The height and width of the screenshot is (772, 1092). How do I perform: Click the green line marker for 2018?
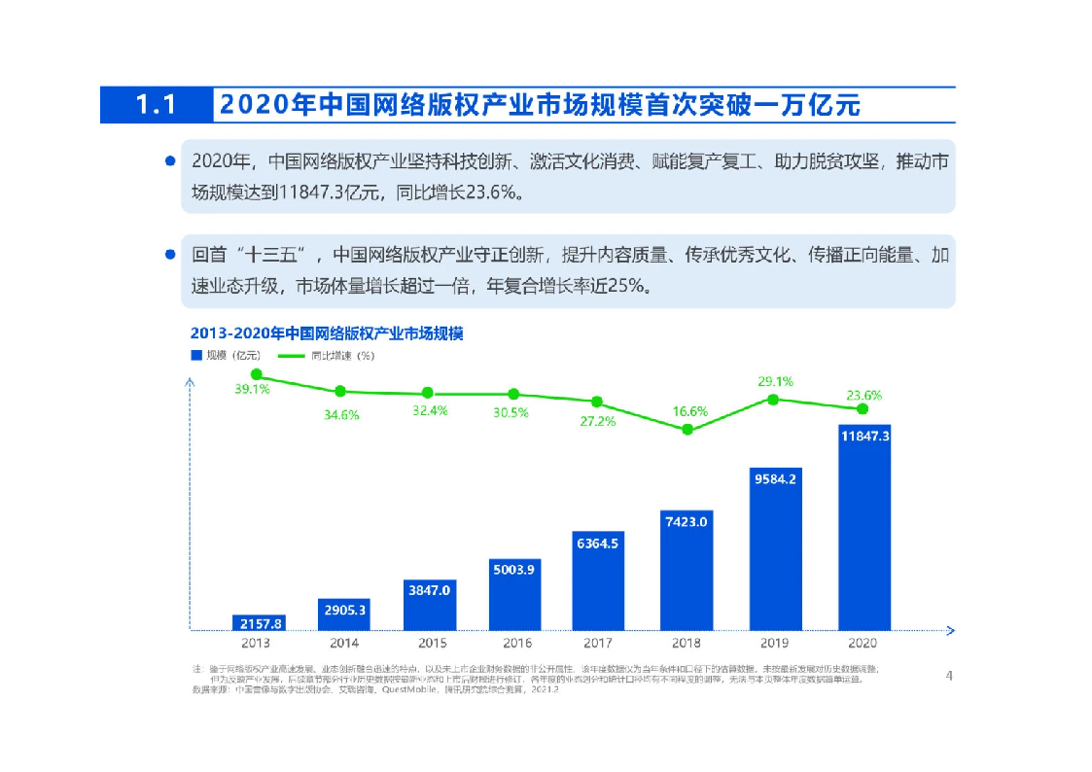click(x=687, y=429)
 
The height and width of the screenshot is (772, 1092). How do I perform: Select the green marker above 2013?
click(x=257, y=373)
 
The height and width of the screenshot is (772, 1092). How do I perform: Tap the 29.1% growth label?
click(x=775, y=381)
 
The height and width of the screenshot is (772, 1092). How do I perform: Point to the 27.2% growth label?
click(x=597, y=421)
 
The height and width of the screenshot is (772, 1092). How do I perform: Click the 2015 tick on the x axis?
click(x=431, y=643)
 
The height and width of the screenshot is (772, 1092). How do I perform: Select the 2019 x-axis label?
click(x=775, y=643)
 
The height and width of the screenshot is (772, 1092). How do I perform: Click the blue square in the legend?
click(x=195, y=355)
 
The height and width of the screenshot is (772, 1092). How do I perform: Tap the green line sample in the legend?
click(x=291, y=355)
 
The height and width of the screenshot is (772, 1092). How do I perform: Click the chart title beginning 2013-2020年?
click(x=327, y=333)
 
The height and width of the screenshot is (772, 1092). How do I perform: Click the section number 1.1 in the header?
click(x=156, y=105)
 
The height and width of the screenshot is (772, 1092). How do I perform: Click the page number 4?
click(x=949, y=675)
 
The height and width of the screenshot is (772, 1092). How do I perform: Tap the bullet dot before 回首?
click(x=170, y=255)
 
